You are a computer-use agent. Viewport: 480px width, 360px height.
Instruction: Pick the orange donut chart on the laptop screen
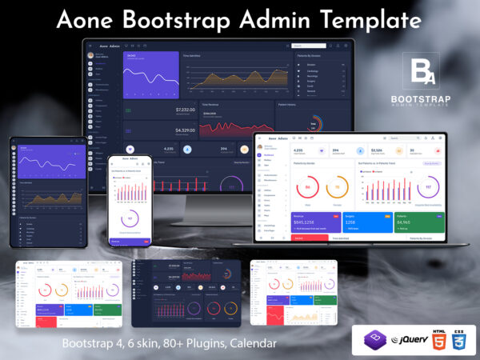click(337, 189)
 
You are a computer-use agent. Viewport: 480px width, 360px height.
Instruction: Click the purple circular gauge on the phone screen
click(130, 218)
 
